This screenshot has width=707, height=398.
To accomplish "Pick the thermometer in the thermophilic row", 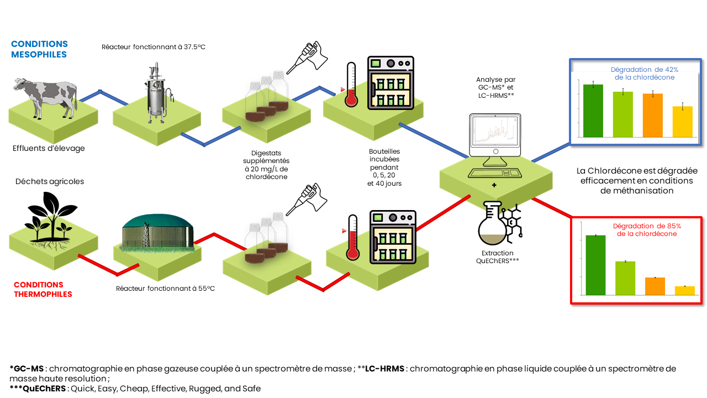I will click(x=353, y=237).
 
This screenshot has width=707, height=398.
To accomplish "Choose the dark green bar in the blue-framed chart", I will click(x=593, y=111).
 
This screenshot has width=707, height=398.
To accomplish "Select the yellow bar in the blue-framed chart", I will click(x=682, y=122).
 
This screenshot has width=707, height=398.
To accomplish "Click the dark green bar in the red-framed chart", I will click(x=596, y=265).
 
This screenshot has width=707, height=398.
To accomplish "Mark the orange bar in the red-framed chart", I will click(x=655, y=286).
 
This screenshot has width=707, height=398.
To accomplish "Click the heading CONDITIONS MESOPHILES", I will click(x=39, y=49).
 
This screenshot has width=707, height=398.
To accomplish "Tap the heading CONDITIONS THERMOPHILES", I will click(x=43, y=290).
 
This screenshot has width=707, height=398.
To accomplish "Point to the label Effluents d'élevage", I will click(x=49, y=148).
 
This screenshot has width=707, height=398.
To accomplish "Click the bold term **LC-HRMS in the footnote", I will click(x=386, y=369).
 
